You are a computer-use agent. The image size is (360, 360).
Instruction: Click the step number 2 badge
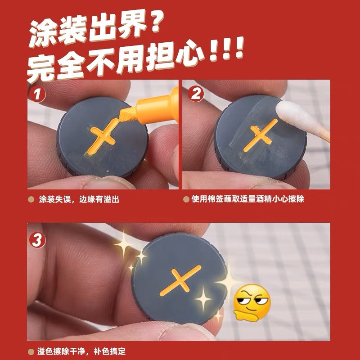tap(196, 95)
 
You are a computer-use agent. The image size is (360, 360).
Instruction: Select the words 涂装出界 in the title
tap(83, 31)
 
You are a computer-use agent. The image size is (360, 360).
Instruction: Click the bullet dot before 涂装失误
tap(31, 198)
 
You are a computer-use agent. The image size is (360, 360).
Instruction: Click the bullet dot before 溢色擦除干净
tap(31, 351)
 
